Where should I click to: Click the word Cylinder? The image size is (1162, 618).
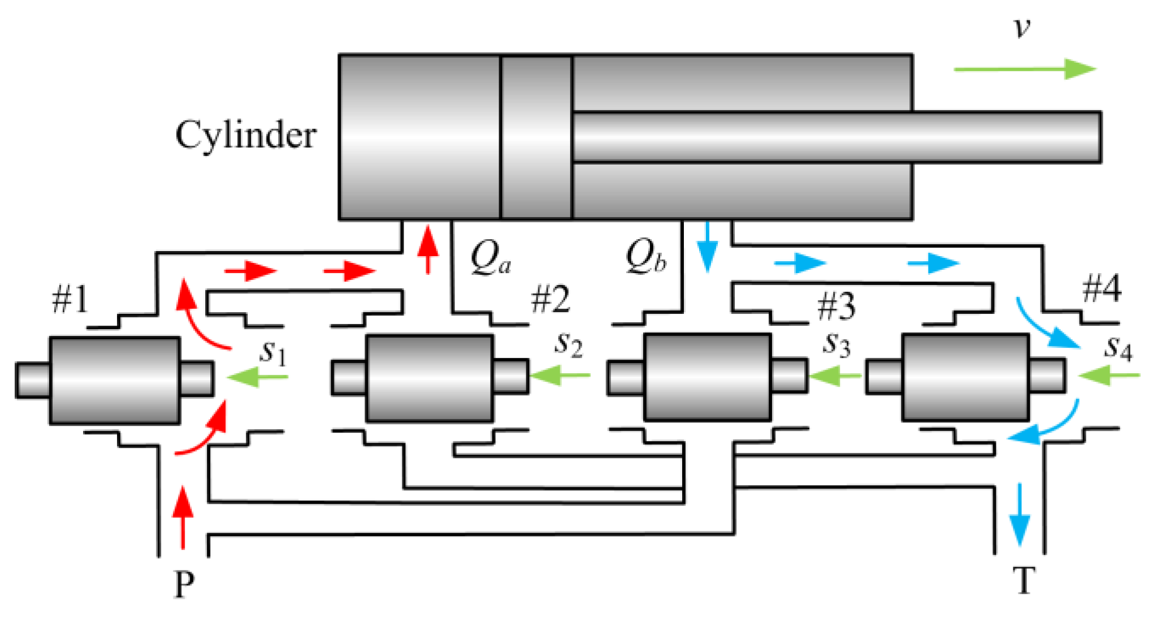click(x=246, y=136)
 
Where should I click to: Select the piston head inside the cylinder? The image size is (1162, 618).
click(x=536, y=137)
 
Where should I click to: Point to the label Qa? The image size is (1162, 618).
click(x=490, y=257)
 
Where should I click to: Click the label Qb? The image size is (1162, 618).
click(x=645, y=257)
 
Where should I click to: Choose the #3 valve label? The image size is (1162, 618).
click(x=836, y=306)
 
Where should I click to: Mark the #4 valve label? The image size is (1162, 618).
click(x=1102, y=289)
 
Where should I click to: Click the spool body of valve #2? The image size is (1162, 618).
click(x=430, y=378)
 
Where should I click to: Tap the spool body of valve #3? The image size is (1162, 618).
click(x=707, y=377)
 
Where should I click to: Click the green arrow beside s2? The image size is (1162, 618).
click(x=561, y=374)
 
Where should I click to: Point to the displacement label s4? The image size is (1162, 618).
click(x=1118, y=348)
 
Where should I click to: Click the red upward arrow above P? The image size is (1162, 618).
click(x=183, y=517)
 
